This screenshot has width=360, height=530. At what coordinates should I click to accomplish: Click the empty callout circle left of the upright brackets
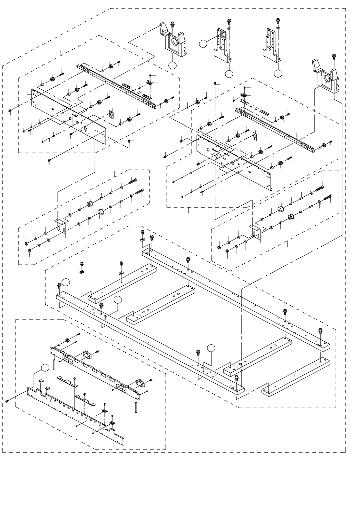click(x=204, y=43)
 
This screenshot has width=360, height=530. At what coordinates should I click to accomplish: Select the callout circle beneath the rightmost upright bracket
click(x=278, y=73)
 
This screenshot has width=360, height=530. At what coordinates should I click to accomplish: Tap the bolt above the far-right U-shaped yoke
click(x=334, y=56)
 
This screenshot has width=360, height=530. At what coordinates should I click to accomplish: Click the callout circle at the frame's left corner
click(x=66, y=282)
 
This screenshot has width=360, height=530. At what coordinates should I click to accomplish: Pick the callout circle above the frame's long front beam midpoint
click(x=212, y=349)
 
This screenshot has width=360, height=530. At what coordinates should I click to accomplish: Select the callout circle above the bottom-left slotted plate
click(x=45, y=367)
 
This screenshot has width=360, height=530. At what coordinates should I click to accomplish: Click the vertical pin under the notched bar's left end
click(x=54, y=363)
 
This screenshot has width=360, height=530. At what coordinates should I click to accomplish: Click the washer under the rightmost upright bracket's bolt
click(x=278, y=27)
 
